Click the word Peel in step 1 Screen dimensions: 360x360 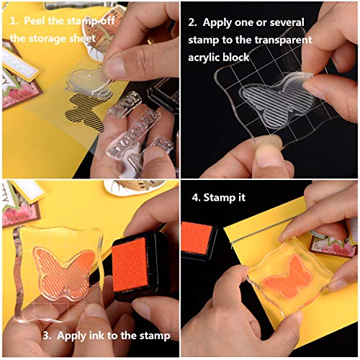[36, 20]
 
